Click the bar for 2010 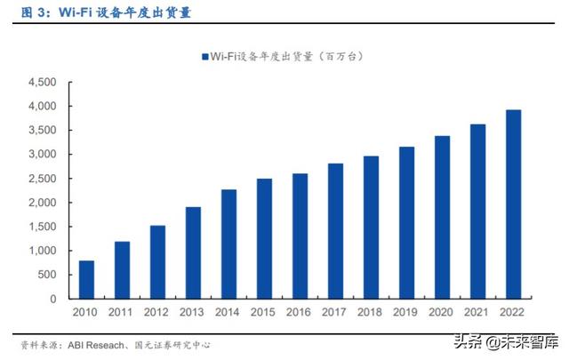click(85, 280)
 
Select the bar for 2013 click(193, 253)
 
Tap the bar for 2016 click(300, 236)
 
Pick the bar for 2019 click(407, 223)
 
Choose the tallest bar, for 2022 click(514, 204)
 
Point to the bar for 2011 click(121, 270)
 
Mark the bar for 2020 click(443, 218)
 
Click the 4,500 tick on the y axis click(43, 83)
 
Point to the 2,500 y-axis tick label click(43, 179)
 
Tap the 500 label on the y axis click(47, 275)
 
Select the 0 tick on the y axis click(53, 299)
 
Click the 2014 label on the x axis click(228, 312)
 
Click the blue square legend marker click(204, 56)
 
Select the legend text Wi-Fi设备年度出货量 click(258, 56)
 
